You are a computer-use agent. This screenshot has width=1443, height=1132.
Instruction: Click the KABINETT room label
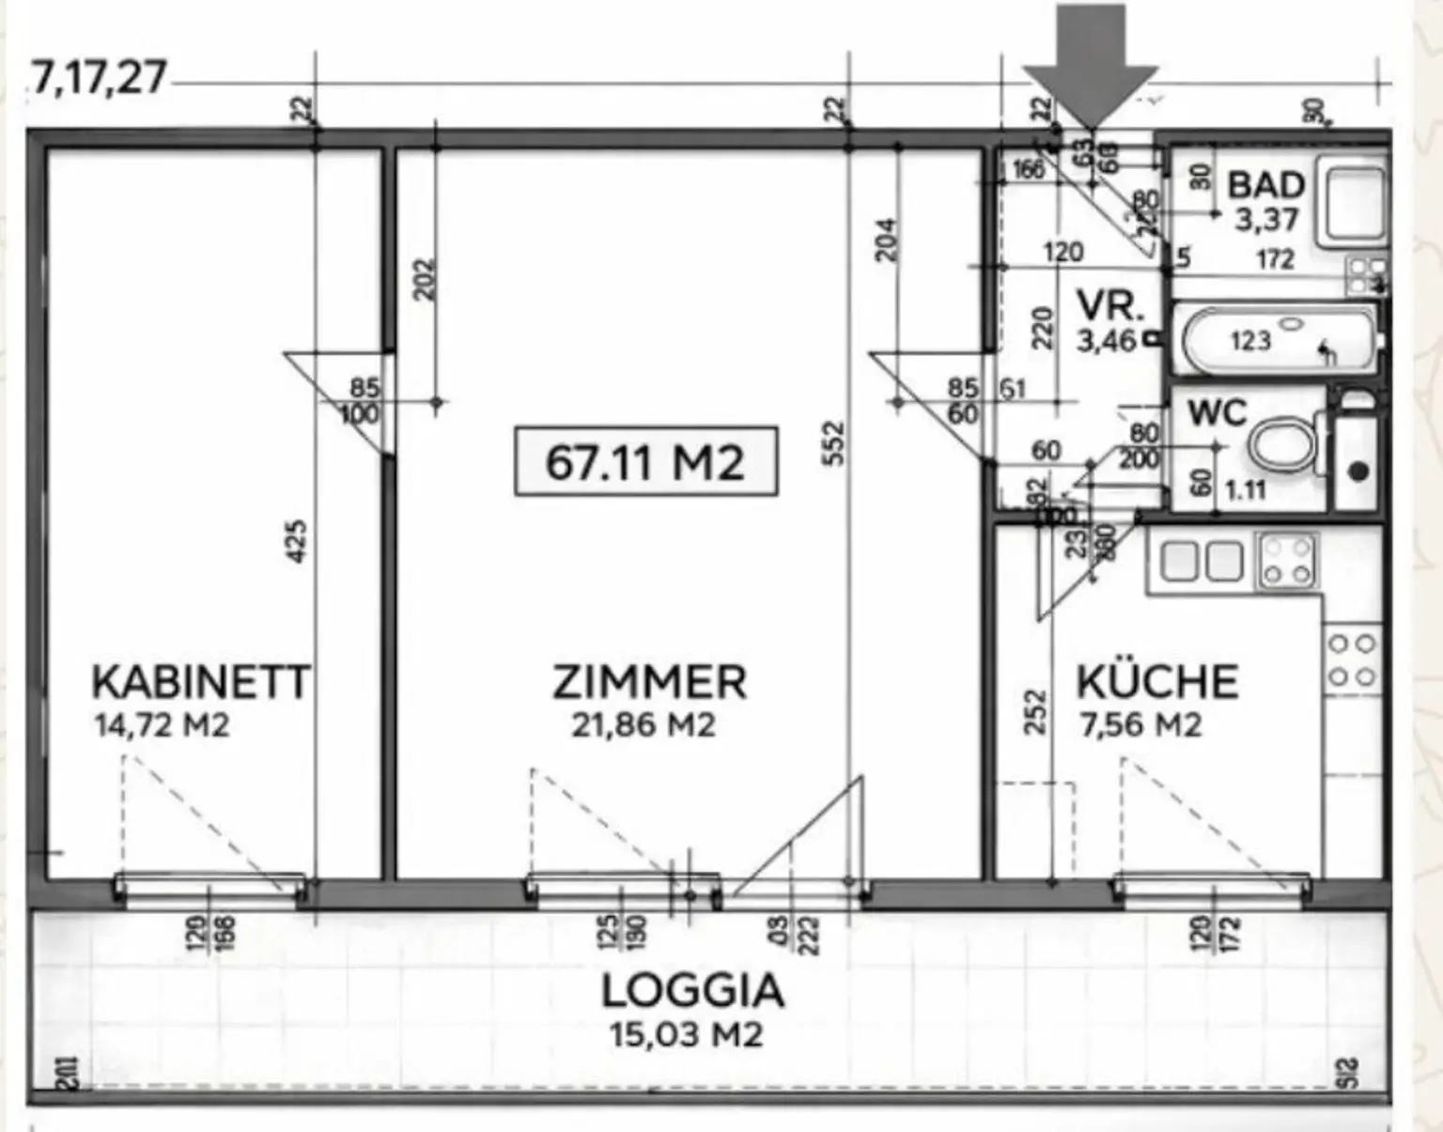pos(200,682)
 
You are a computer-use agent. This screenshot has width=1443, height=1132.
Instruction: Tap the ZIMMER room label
pos(649,682)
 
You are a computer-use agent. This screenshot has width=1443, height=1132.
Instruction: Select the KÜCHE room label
pos(1156,682)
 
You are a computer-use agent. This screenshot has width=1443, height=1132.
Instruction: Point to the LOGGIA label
pos(692,991)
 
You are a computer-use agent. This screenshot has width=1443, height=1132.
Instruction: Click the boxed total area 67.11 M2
pos(645,461)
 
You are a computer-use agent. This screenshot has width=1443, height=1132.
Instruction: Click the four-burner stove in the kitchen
pos(1288,560)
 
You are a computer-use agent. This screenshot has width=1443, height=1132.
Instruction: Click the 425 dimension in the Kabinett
pos(295,542)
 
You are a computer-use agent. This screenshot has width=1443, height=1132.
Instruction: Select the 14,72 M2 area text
pos(162,725)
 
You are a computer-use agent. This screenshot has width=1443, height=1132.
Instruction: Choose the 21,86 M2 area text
pos(644,725)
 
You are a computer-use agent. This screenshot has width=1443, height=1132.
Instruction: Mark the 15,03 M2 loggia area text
pos(686,1035)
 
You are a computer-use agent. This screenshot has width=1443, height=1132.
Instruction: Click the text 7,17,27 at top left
pos(99,77)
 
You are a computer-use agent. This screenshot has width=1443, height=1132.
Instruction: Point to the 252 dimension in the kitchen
pos(1034,712)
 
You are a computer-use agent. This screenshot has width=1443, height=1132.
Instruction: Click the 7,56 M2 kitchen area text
pos(1140,725)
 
